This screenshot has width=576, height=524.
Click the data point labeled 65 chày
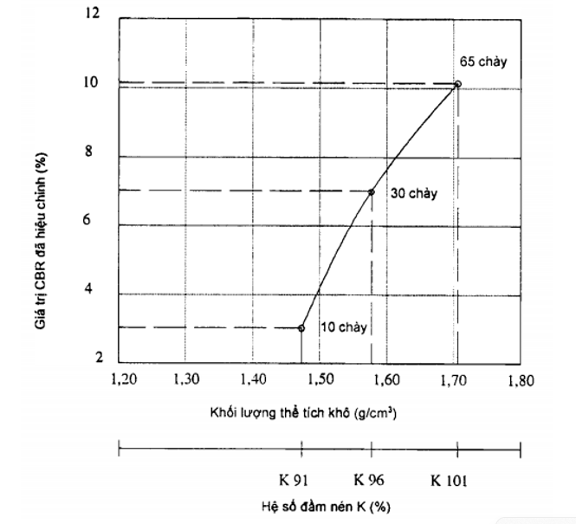[x=457, y=84]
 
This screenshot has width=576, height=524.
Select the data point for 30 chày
[x=372, y=192]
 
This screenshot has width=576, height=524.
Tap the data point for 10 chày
[x=301, y=327]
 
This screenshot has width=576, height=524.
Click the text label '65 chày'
[x=483, y=62]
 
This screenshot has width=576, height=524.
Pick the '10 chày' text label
[x=344, y=327]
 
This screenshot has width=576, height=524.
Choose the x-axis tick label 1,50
[x=320, y=379]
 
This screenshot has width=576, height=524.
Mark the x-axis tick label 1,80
[x=521, y=379]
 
